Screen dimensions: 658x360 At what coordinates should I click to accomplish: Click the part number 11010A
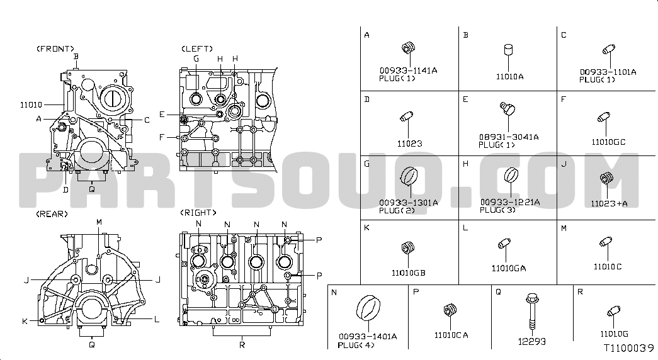pos(509,77)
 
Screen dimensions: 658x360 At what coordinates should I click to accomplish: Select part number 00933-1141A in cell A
pos(408,70)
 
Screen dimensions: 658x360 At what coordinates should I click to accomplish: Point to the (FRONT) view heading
pos(55,48)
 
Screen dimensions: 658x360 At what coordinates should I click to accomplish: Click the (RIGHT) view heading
pos(198,213)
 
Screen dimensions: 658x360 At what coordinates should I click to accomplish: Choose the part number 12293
pos(531,342)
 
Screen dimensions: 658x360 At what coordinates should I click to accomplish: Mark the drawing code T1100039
pos(628,348)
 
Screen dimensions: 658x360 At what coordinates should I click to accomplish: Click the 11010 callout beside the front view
pos(31,105)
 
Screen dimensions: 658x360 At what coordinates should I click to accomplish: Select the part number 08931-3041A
pos(509,137)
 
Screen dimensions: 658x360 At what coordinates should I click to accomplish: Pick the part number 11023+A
pos(609,203)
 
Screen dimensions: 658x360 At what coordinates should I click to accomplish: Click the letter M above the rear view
pos(99,222)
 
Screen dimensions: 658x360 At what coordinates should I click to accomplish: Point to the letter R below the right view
pos(242,345)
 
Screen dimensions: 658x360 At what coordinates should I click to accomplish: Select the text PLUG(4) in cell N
pos(356,346)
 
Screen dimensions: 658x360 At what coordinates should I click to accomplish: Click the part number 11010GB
pos(408,273)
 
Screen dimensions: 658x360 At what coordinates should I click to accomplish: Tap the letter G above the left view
pos(196,59)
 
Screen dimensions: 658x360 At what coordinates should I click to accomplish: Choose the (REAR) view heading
pos(52,214)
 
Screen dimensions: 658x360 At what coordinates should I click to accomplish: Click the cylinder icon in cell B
pos(509,50)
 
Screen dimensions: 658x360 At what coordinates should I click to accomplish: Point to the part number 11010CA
pos(451,335)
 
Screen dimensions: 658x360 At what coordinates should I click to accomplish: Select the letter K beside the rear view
pos(25,322)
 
